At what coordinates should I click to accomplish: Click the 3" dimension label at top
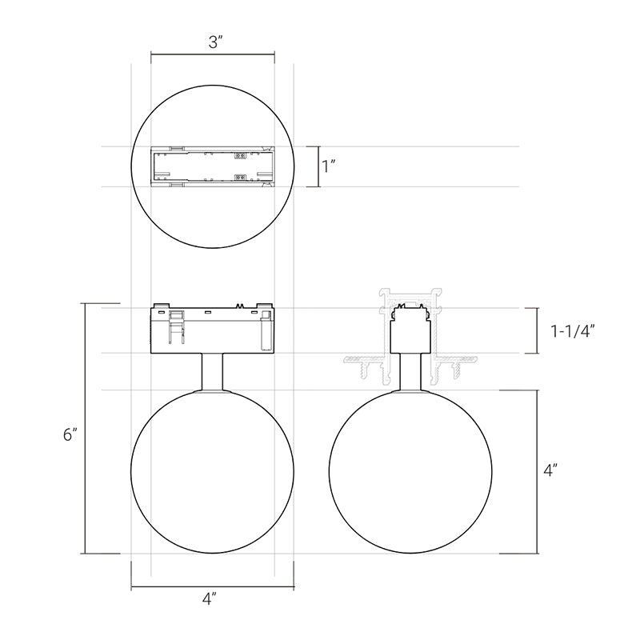click(x=214, y=42)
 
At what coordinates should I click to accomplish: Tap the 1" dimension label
click(x=328, y=166)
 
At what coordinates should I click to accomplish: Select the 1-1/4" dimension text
click(x=572, y=331)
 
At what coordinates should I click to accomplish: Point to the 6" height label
click(x=70, y=434)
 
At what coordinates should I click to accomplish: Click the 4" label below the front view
click(x=209, y=598)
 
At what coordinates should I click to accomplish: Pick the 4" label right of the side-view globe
click(x=550, y=470)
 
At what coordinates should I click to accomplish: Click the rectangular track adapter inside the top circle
click(x=213, y=166)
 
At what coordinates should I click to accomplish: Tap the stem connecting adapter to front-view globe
click(x=212, y=371)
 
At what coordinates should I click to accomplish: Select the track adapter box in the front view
click(x=213, y=328)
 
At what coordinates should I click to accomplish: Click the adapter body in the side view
click(x=410, y=330)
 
